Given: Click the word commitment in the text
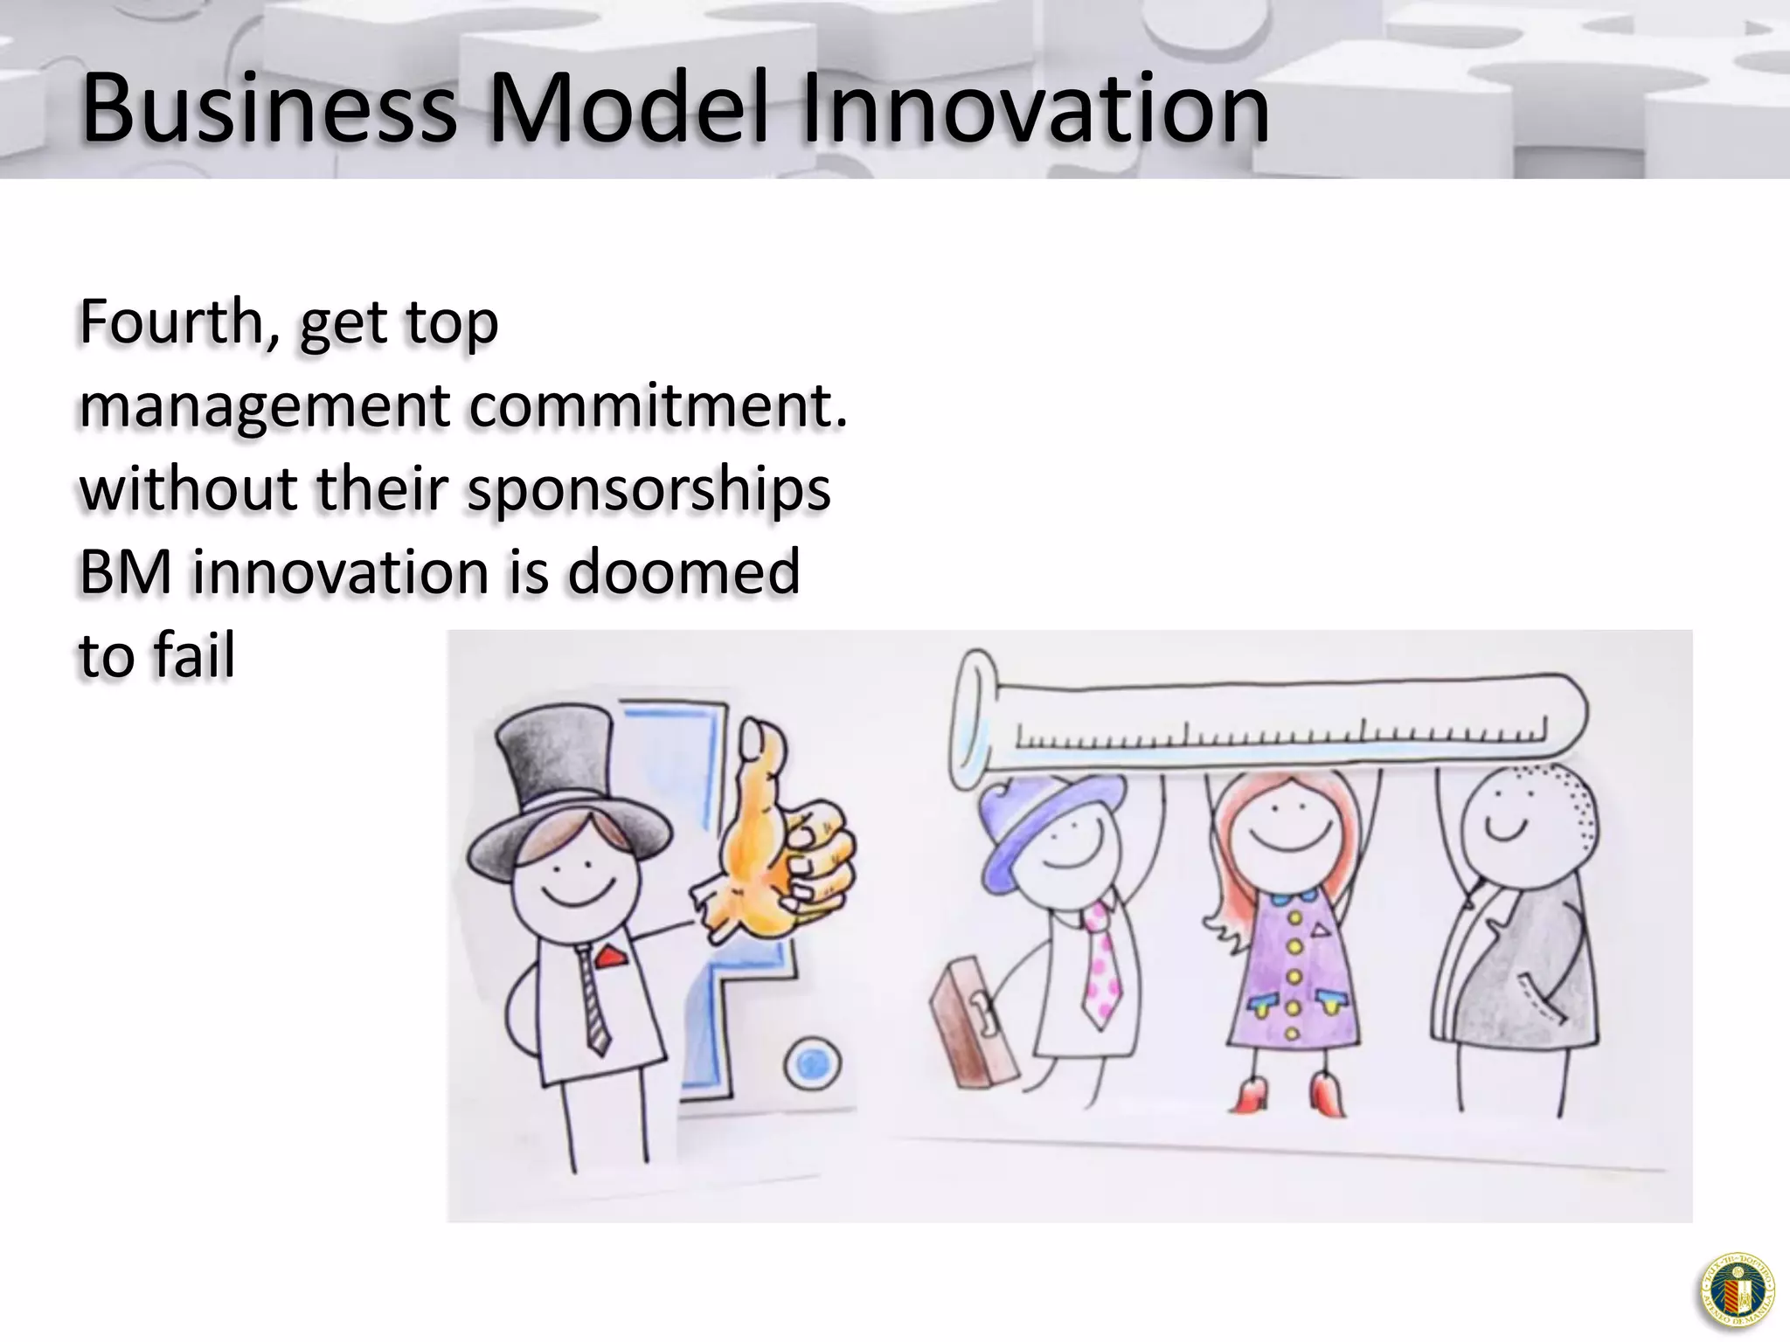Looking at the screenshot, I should click(x=658, y=405).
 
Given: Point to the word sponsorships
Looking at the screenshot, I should click(x=648, y=489).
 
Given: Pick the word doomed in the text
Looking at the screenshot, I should click(x=683, y=572).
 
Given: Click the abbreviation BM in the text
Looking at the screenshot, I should click(x=127, y=572).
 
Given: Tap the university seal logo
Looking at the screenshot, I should click(x=1738, y=1290).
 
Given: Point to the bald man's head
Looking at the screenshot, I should click(x=1516, y=813).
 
